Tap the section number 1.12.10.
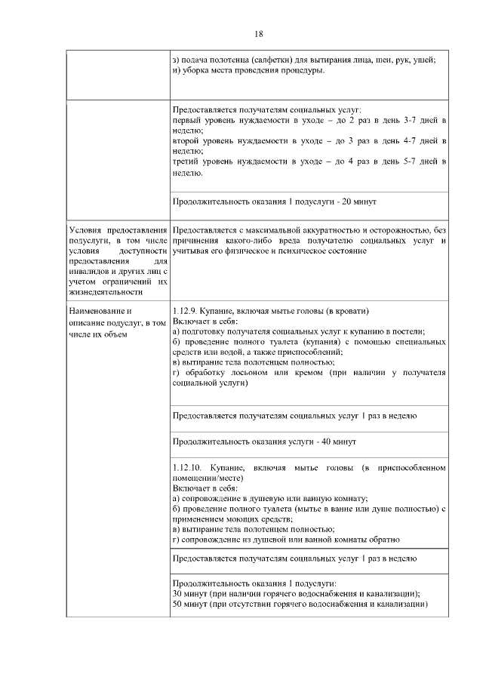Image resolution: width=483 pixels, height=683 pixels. click(188, 469)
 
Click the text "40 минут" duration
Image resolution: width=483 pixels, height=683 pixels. click(336, 441)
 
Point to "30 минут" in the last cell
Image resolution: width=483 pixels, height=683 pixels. click(192, 594)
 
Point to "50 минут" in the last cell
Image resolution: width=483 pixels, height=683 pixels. click(192, 605)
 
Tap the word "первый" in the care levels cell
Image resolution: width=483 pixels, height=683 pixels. click(187, 121)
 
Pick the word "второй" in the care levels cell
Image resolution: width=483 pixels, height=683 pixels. click(187, 141)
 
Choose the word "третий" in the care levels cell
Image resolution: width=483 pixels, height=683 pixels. click(187, 162)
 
